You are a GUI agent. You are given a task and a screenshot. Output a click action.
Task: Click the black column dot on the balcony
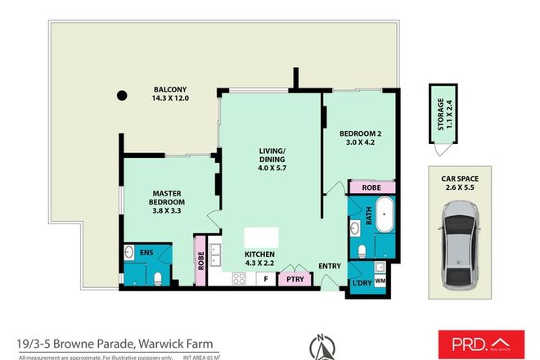coord(122,94)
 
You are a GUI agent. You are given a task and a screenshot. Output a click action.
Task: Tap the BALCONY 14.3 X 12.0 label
coord(170,94)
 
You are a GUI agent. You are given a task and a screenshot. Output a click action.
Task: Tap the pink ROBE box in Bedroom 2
coord(365,187)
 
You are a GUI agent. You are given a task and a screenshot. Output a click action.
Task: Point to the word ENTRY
coord(331,265)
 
